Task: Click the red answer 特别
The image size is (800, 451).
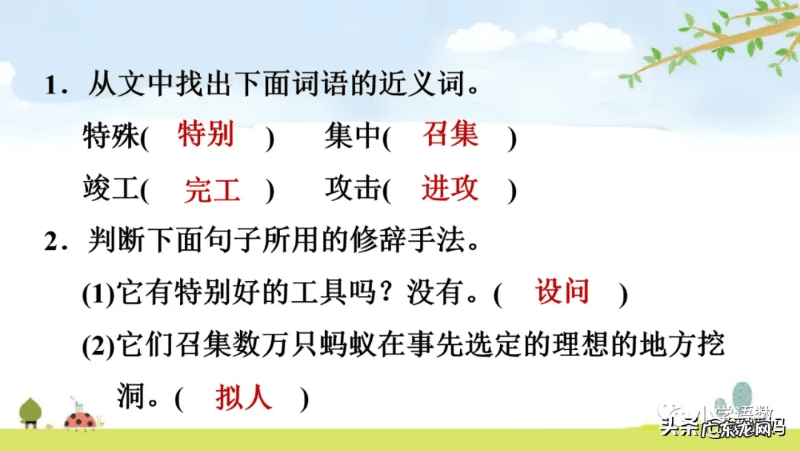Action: tap(206, 135)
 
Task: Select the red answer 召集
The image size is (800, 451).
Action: tap(450, 135)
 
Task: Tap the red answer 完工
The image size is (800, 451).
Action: tap(213, 191)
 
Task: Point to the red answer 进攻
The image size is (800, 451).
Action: tap(450, 189)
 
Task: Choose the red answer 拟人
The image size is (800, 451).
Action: tap(244, 399)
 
